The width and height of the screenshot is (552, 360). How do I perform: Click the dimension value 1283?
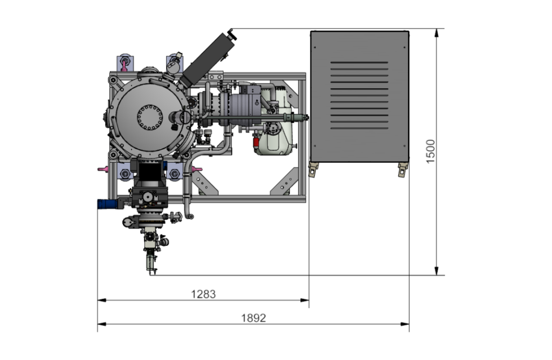203,294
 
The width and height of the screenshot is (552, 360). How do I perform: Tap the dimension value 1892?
253,318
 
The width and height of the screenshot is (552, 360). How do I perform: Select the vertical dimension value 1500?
431,151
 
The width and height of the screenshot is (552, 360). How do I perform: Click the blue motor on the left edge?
107,204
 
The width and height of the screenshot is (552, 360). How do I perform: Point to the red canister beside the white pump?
256,142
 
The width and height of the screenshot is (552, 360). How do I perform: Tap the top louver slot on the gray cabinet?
359,63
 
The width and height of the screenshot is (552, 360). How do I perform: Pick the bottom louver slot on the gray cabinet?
359,128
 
